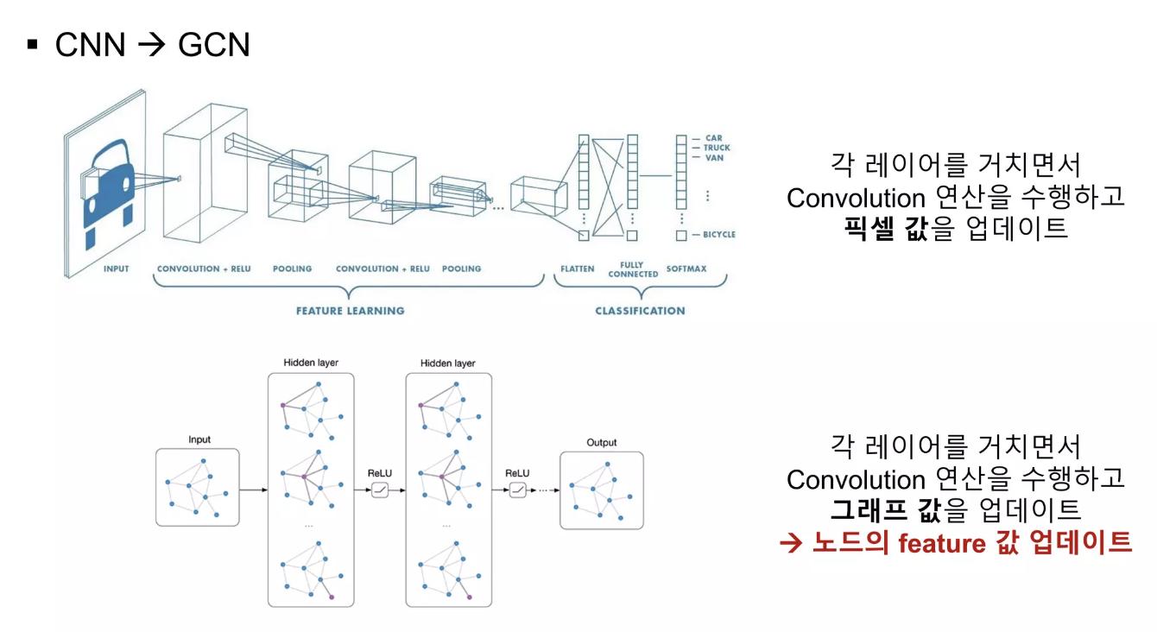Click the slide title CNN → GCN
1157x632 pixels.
point(152,44)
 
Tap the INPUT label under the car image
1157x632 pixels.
point(116,269)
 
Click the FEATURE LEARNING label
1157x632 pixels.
point(350,311)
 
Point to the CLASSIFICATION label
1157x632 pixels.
point(640,311)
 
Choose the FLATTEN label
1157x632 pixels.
point(577,269)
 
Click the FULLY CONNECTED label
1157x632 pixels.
point(633,269)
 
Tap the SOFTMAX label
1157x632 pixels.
point(686,269)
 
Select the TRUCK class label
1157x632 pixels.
point(717,148)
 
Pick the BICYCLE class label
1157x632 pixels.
point(718,234)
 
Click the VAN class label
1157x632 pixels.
point(714,158)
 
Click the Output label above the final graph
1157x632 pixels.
point(602,443)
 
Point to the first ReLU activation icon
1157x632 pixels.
point(380,490)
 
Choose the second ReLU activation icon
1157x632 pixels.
point(517,490)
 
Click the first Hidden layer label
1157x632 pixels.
point(311,363)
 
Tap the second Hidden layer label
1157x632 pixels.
point(448,363)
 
